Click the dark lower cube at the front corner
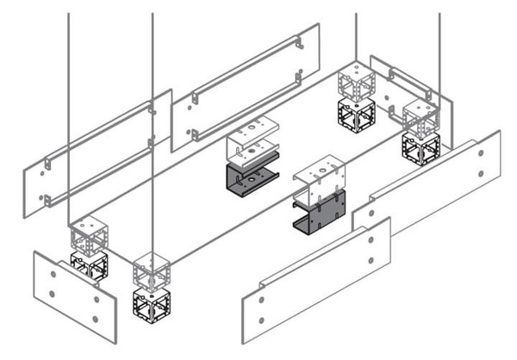tap(151, 305)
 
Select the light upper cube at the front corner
tap(151, 270)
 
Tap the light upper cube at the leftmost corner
tap(89, 234)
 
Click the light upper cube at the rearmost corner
tap(356, 82)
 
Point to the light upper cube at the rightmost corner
tap(420, 115)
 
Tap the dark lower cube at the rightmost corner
tap(420, 147)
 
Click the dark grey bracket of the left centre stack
tap(249, 179)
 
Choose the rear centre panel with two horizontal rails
tap(246, 86)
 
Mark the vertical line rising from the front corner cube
tap(153, 129)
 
